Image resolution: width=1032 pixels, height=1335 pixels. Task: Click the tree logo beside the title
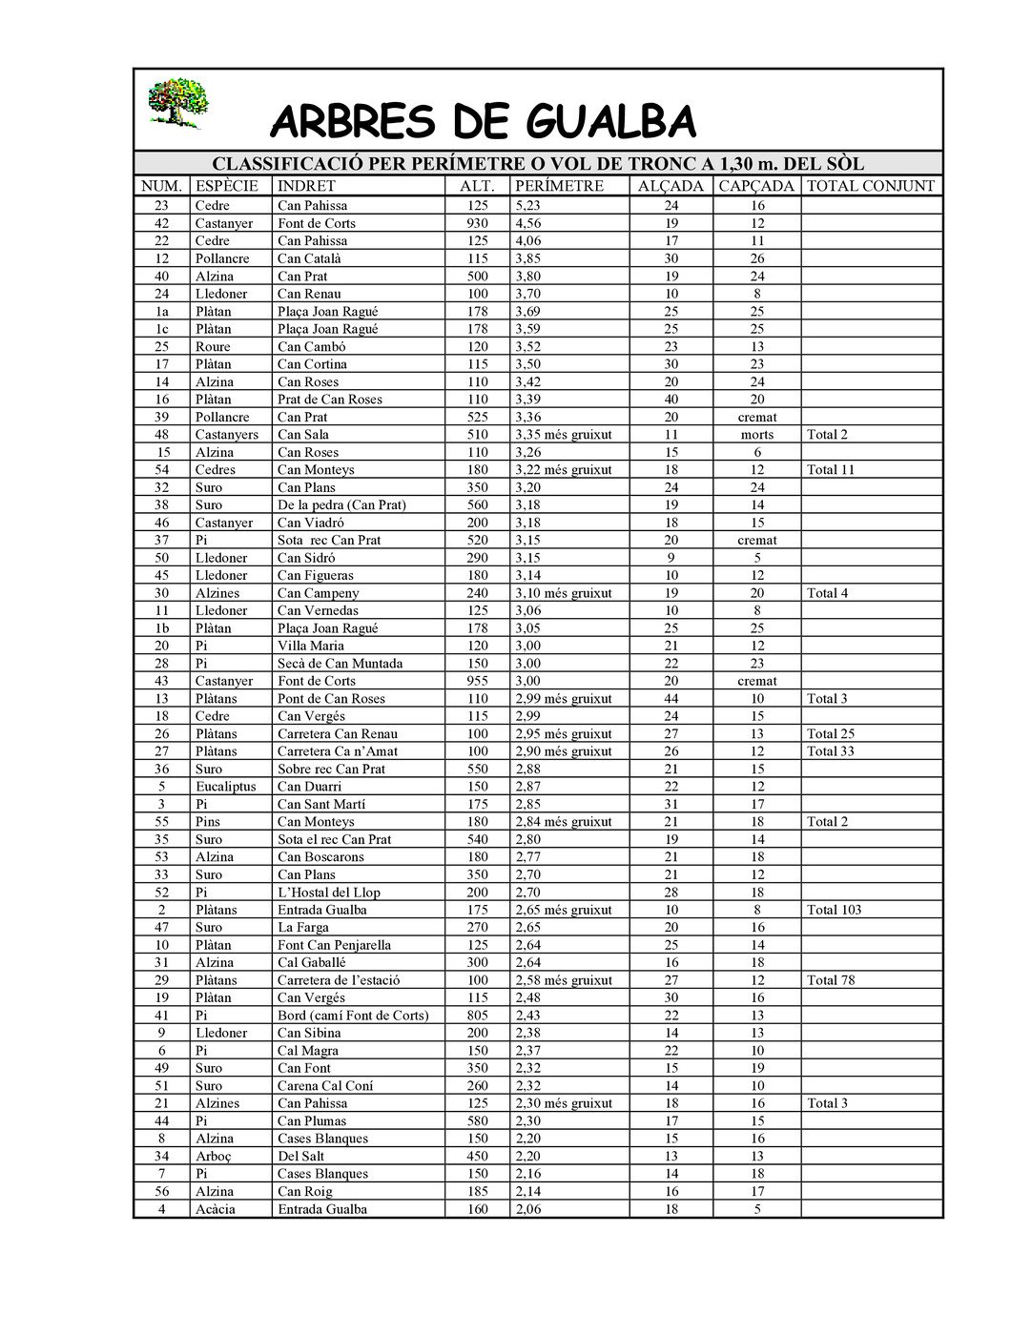click(177, 103)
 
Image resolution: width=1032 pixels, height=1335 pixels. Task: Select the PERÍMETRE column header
click(559, 186)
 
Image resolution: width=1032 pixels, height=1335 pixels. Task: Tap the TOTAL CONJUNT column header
click(870, 186)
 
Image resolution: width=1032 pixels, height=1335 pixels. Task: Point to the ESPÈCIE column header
click(227, 186)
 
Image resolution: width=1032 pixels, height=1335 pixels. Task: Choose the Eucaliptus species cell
click(226, 787)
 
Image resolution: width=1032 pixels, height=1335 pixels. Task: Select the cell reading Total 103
click(834, 910)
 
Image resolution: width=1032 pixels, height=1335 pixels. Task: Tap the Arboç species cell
click(213, 1156)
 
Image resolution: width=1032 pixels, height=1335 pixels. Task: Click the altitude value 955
click(477, 681)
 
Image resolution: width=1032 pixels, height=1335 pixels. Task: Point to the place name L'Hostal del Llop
click(328, 893)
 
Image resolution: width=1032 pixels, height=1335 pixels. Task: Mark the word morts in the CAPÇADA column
click(757, 435)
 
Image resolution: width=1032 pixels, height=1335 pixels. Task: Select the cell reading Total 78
click(831, 980)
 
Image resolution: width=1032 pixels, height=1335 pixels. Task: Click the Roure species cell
click(213, 346)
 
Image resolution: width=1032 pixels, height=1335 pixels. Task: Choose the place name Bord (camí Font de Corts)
click(353, 1016)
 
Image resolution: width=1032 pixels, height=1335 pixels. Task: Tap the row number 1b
click(161, 628)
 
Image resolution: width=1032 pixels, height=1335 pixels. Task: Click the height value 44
click(671, 699)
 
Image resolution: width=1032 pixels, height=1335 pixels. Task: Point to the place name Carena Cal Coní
click(325, 1086)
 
